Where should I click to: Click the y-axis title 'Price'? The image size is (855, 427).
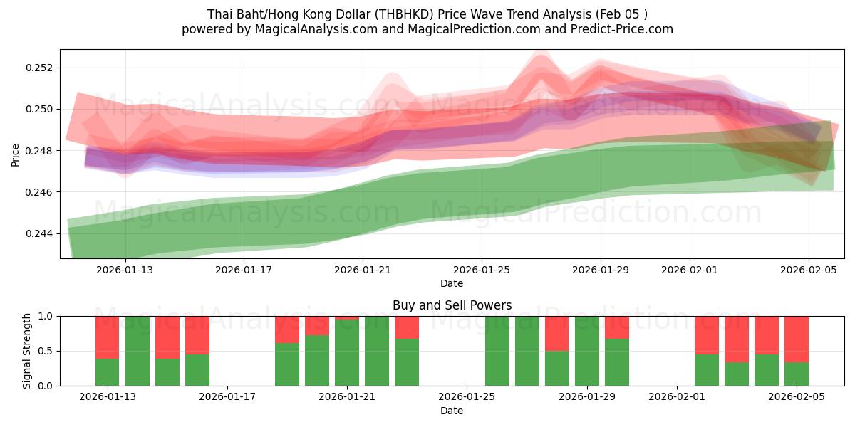[16, 154]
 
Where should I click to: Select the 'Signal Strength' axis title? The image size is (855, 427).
[27, 351]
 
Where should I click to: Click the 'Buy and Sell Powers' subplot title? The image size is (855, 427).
[452, 305]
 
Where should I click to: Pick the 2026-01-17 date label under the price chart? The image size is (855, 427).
[244, 270]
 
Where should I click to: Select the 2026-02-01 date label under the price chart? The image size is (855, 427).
[690, 270]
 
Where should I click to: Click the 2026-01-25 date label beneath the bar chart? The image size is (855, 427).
[467, 396]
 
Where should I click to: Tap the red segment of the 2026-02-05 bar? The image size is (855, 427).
[797, 339]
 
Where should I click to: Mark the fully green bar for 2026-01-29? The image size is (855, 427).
[587, 351]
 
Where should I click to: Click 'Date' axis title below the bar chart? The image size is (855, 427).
[452, 411]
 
